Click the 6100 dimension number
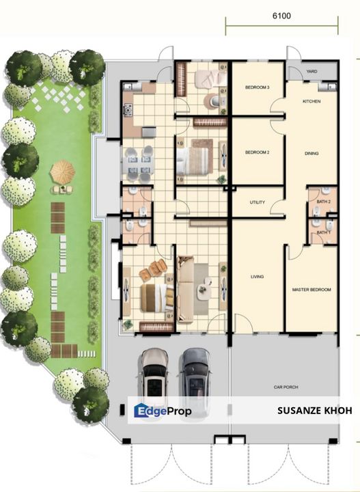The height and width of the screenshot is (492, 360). pyautogui.click(x=281, y=16)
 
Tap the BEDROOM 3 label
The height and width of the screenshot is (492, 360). pyautogui.click(x=257, y=87)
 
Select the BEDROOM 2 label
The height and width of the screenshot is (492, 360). pyautogui.click(x=257, y=152)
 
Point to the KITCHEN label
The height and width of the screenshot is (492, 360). pyautogui.click(x=311, y=101)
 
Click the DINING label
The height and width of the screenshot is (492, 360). pyautogui.click(x=311, y=154)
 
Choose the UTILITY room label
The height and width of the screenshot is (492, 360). pyautogui.click(x=257, y=202)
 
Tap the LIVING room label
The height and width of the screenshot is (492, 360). pyautogui.click(x=257, y=277)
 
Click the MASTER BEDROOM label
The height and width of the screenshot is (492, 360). pyautogui.click(x=311, y=290)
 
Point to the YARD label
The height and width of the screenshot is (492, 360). pyautogui.click(x=311, y=72)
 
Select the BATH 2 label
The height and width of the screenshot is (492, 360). pyautogui.click(x=324, y=202)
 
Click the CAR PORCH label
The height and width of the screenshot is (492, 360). pyautogui.click(x=286, y=387)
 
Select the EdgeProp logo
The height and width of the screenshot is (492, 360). pyautogui.click(x=163, y=411)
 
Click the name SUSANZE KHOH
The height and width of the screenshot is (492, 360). pyautogui.click(x=314, y=411)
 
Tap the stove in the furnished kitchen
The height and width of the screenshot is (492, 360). pyautogui.click(x=128, y=111)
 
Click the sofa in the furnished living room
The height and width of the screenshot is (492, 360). pyautogui.click(x=186, y=289)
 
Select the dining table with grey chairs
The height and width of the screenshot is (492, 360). pyautogui.click(x=138, y=165)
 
